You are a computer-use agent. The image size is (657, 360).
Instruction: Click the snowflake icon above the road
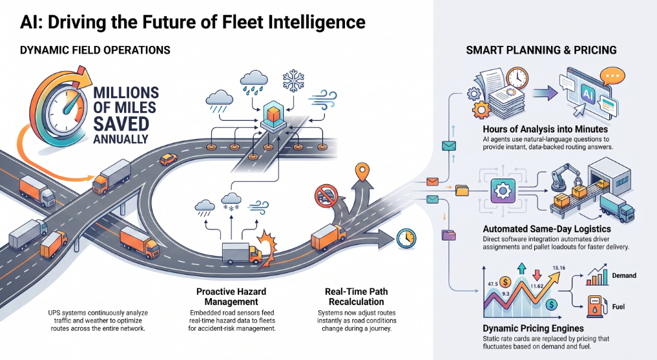pyautogui.click(x=293, y=81)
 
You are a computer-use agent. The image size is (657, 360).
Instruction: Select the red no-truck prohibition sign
pyautogui.click(x=326, y=196)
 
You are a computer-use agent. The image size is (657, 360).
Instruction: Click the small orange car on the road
pyautogui.click(x=169, y=159)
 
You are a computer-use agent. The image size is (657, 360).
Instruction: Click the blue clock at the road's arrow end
pyautogui.click(x=406, y=238)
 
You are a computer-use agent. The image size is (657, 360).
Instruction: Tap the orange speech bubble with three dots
pyautogui.click(x=612, y=77)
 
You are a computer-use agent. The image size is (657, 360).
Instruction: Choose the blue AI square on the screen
pyautogui.click(x=587, y=94)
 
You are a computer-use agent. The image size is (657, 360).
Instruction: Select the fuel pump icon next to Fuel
pyautogui.click(x=594, y=306)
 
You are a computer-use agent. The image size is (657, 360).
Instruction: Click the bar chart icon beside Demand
pyautogui.click(x=597, y=275)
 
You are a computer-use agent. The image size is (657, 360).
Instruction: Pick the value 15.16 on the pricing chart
pyautogui.click(x=559, y=268)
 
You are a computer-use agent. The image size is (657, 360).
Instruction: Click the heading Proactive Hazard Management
pyautogui.click(x=231, y=297)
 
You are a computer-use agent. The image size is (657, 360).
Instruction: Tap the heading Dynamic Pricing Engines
pyautogui.click(x=533, y=328)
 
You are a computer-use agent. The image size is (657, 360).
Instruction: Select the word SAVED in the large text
pyautogui.click(x=121, y=124)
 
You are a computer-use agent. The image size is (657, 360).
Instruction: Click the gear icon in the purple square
pyautogui.click(x=502, y=191)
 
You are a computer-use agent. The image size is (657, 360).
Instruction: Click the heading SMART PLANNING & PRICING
pyautogui.click(x=541, y=50)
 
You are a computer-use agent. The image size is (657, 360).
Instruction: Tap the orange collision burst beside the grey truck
pyautogui.click(x=267, y=248)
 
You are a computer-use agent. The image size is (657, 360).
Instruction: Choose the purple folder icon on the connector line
pyautogui.click(x=448, y=235)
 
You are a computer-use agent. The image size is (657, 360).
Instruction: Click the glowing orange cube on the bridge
pyautogui.click(x=273, y=114)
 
